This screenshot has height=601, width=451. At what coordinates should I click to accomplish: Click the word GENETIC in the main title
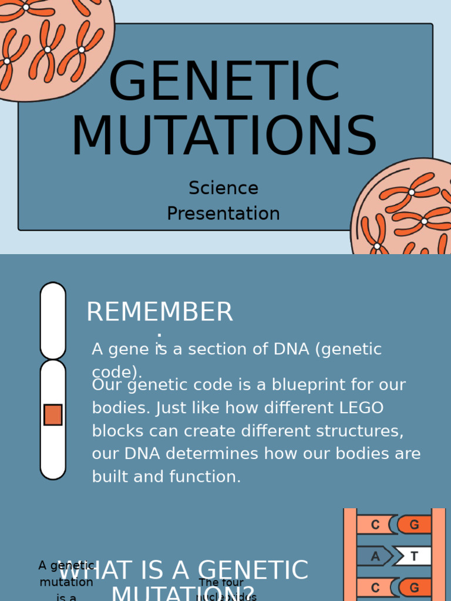(x=224, y=82)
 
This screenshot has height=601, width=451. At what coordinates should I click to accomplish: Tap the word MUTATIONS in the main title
(x=224, y=137)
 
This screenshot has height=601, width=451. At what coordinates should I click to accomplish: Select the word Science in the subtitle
(x=223, y=188)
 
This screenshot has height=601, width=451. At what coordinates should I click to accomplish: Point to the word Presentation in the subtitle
(x=223, y=214)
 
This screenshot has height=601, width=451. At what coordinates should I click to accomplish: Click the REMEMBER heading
(x=159, y=312)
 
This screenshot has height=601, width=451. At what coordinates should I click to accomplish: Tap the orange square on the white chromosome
(x=53, y=414)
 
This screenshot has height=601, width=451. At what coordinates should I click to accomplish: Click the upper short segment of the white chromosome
(x=53, y=320)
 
